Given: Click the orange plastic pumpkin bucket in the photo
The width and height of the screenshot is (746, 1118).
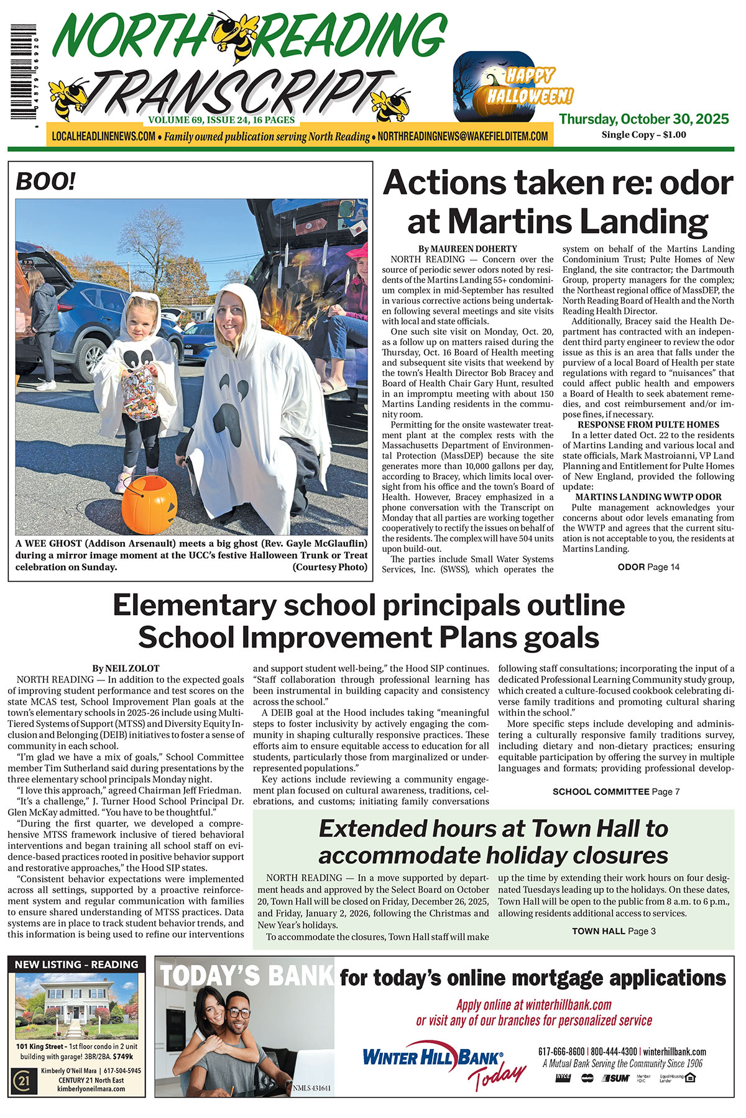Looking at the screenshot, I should point(149,504).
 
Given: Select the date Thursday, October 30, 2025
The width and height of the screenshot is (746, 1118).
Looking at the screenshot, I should point(643,119).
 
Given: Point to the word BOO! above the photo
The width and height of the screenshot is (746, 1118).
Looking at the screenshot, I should point(46,181).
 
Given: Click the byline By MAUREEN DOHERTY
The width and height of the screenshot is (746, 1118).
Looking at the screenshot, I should point(467,249).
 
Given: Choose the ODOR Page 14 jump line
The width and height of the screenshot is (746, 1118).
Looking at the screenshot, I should point(648,567).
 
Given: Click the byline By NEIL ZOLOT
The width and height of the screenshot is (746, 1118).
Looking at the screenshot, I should point(126,668).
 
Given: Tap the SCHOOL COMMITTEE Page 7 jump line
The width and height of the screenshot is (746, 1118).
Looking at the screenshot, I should point(615,792).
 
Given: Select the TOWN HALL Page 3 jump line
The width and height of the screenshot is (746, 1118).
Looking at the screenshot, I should point(614,931).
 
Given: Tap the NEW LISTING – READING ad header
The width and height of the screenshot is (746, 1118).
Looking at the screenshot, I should point(76,965).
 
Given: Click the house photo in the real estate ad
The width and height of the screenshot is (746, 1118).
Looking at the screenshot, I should point(76,1005).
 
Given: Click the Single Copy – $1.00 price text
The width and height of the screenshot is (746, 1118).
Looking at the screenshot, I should point(643,135).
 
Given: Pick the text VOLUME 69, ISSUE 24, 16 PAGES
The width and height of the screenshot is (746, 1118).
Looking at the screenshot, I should point(221,120).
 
